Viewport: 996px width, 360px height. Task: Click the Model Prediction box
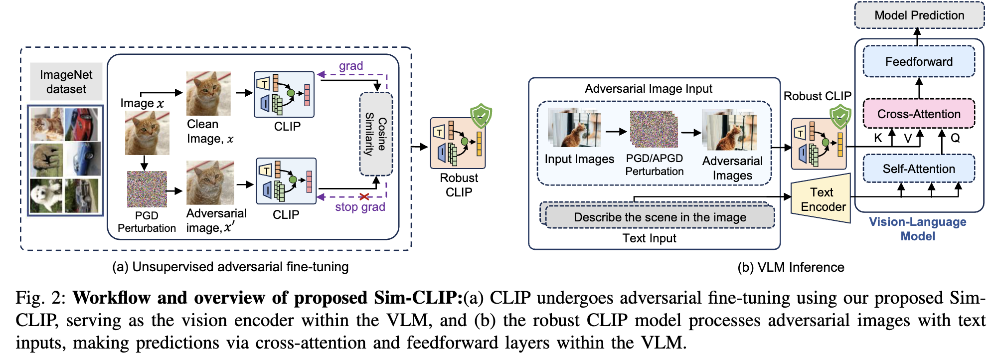tap(919, 15)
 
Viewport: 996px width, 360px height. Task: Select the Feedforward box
tap(919, 62)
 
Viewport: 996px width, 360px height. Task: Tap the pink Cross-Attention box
tap(919, 114)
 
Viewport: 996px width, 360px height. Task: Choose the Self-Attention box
tap(919, 169)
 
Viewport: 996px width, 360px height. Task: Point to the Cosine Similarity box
tap(376, 134)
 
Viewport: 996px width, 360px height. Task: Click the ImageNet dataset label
tap(66, 82)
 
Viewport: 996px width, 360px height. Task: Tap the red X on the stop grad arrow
tap(364, 197)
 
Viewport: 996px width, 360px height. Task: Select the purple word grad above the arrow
tap(351, 66)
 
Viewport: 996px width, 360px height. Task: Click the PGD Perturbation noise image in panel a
tap(147, 189)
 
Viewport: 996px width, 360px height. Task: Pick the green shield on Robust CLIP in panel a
tap(481, 116)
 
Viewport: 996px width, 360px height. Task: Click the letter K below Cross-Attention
tap(878, 138)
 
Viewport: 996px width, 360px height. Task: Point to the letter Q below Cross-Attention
tap(955, 138)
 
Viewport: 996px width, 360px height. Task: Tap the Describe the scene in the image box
tap(660, 217)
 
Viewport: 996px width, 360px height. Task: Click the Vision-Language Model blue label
tap(917, 229)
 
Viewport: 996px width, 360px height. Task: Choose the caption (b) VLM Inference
tap(791, 267)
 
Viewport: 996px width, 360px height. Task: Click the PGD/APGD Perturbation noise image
tap(654, 129)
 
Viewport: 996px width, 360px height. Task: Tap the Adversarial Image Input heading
tap(648, 89)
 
